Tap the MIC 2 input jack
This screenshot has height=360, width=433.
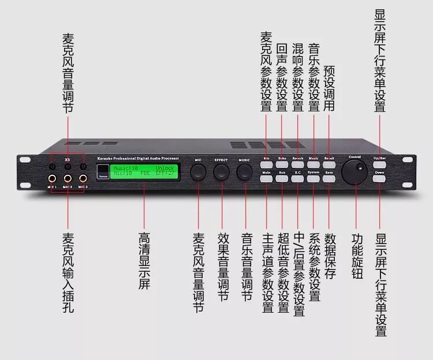pos(68,178)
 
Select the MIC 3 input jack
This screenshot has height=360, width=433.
pos(83,178)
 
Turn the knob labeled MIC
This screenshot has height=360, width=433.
pos(198,171)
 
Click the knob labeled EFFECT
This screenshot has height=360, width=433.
pos(221,171)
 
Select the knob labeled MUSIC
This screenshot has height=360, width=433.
pos(244,171)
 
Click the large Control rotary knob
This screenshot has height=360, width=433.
pos(354,171)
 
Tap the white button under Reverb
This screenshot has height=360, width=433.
pos(298,164)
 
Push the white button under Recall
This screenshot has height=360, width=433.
pos(329,164)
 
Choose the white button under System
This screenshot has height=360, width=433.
pos(313,179)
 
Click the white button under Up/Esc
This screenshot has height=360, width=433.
pos(379,164)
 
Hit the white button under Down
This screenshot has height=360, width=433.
pos(379,179)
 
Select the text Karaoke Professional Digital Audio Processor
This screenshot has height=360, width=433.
pos(138,157)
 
